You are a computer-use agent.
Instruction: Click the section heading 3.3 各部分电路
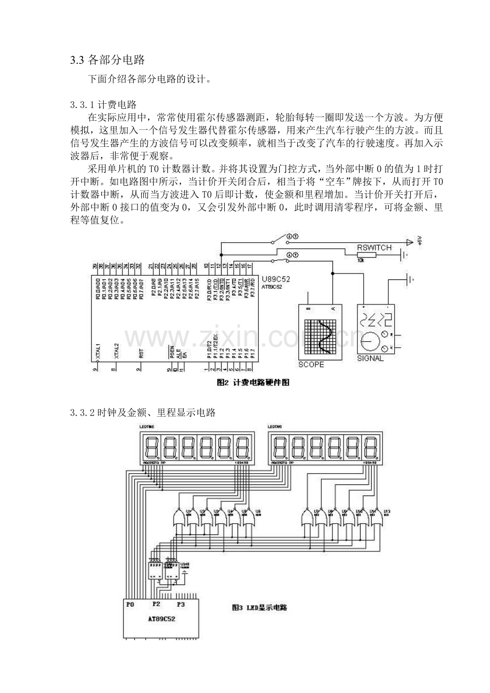(x=108, y=60)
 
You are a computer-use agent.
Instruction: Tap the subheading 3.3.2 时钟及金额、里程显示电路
(x=143, y=412)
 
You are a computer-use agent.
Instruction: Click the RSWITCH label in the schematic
(x=374, y=247)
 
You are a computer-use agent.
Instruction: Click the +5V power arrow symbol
(x=410, y=243)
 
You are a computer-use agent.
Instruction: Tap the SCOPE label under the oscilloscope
(x=311, y=365)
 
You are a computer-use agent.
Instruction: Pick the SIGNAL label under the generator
(x=370, y=358)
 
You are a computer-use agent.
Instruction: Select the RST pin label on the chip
(x=141, y=352)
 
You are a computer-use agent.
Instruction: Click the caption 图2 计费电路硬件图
(x=253, y=383)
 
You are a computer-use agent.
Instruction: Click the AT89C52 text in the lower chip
(x=162, y=620)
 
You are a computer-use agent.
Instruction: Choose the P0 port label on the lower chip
(x=130, y=605)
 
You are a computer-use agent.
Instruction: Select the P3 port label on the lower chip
(x=181, y=605)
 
